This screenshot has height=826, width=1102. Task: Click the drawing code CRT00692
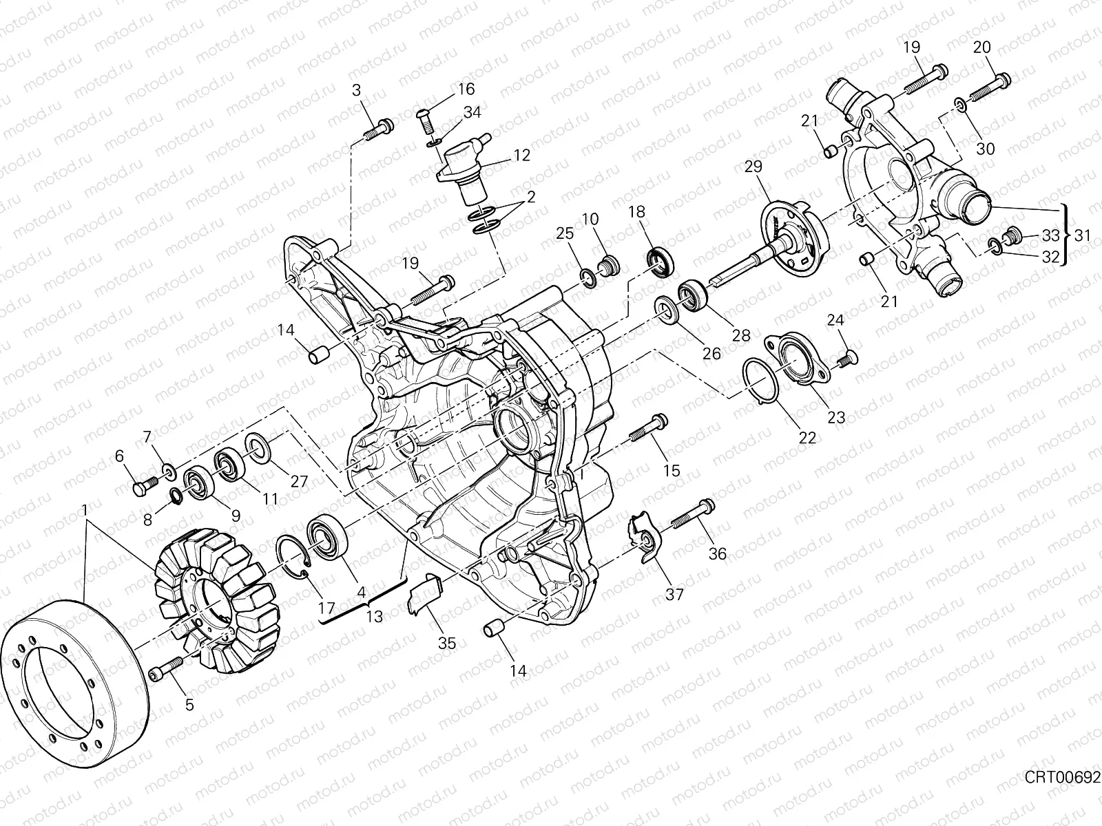1062,791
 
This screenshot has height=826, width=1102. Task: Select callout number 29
753,167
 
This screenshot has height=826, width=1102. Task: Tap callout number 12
521,156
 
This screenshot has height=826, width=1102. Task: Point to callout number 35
447,643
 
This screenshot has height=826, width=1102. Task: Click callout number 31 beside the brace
1083,235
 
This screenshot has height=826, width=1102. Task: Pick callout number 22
807,438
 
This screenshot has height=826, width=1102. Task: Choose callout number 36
718,553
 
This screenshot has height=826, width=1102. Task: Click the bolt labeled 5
166,669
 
